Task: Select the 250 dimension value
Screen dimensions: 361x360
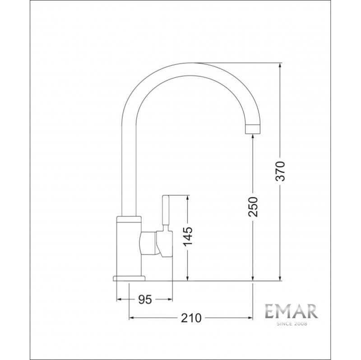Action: (x=253, y=207)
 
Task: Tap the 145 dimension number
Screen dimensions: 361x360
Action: (x=188, y=237)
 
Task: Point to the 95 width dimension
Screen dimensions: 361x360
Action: (x=145, y=300)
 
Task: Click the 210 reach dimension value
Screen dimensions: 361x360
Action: (x=191, y=318)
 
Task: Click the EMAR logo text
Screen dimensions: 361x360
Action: (x=292, y=311)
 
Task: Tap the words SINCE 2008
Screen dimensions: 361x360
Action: (x=292, y=323)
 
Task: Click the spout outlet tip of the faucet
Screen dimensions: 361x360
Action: (x=253, y=129)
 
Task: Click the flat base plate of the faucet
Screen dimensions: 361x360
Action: (x=129, y=278)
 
